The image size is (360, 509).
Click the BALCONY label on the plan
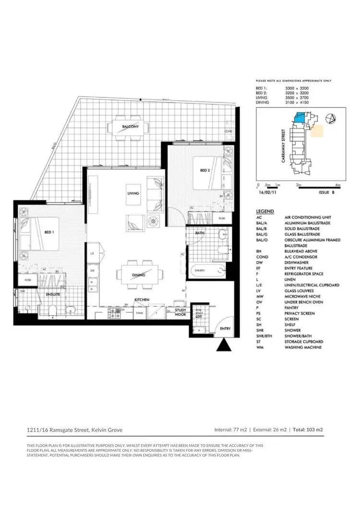coord(130,127)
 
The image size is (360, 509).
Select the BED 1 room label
coord(48,232)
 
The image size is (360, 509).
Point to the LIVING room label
coord(133,193)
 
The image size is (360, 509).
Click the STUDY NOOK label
coord(180,312)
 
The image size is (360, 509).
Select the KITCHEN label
coord(142,299)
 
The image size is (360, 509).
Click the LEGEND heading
coord(265,211)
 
